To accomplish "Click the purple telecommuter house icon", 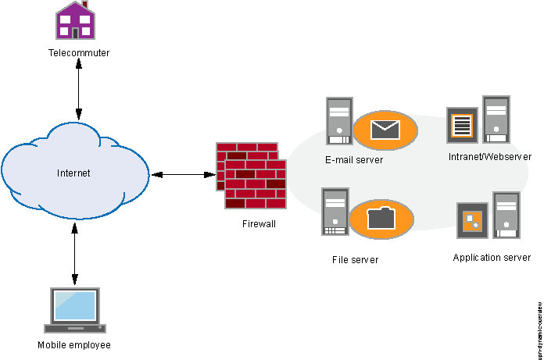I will (x=75, y=21).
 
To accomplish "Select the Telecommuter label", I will (x=79, y=53).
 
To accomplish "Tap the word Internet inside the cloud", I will (x=74, y=173).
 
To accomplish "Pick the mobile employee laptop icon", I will (x=75, y=310).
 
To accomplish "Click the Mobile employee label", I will (x=74, y=344).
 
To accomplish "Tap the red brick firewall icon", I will (x=251, y=176).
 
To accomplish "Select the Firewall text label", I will (x=259, y=223).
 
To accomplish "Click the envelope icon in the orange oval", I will (x=385, y=130).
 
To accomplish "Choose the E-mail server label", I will (x=354, y=160).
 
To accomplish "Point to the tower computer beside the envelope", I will (x=339, y=120).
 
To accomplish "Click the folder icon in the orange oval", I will (x=381, y=219).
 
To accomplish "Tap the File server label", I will (x=355, y=259).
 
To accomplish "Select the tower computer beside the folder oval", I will (x=335, y=212).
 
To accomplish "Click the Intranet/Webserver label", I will (x=490, y=157).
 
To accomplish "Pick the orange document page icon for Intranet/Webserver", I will (x=462, y=125).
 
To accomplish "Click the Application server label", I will (x=492, y=257).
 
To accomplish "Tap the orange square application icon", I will (x=472, y=221).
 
